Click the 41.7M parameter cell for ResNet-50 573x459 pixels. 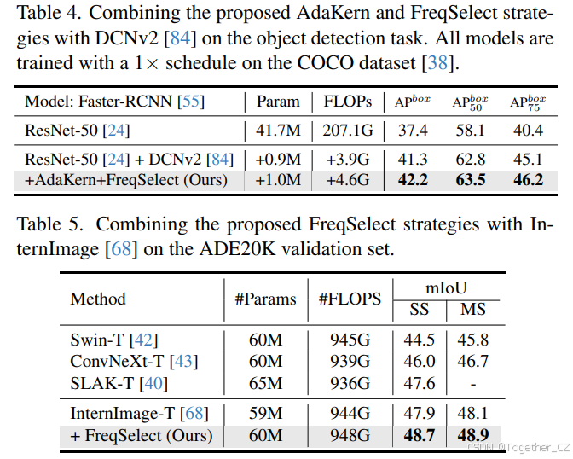pyautogui.click(x=279, y=131)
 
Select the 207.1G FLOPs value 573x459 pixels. pyautogui.click(x=347, y=131)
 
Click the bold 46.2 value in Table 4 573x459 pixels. pyautogui.click(x=527, y=180)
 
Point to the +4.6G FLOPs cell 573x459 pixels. pyautogui.click(x=347, y=180)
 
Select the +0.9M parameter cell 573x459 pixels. pyautogui.click(x=279, y=159)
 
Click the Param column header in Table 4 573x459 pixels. pyautogui.click(x=279, y=102)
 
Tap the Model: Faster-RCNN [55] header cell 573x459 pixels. pyautogui.click(x=115, y=102)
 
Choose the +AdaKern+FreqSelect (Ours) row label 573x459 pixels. pyautogui.click(x=126, y=180)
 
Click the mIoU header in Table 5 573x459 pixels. pyautogui.click(x=447, y=289)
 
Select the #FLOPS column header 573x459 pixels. pyautogui.click(x=350, y=299)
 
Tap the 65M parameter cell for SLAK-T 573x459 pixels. pyautogui.click(x=265, y=384)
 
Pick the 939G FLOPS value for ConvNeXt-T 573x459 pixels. pyautogui.click(x=350, y=362)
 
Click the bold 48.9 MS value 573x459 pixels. pyautogui.click(x=473, y=436)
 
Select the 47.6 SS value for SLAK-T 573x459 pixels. pyautogui.click(x=420, y=384)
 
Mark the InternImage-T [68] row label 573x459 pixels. pyautogui.click(x=138, y=414)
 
